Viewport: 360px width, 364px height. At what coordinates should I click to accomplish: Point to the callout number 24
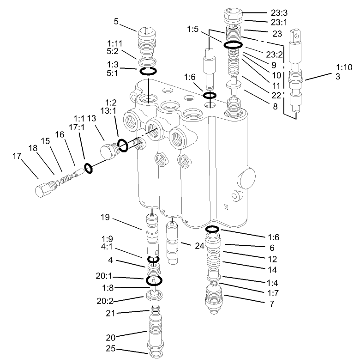point(199,246)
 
